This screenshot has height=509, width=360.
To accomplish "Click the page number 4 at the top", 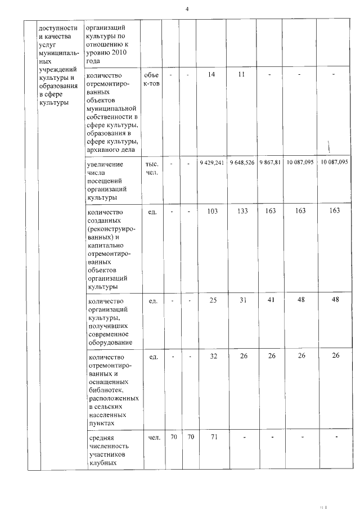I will pyautogui.click(x=187, y=9).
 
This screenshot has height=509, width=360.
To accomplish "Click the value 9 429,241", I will pyautogui.click(x=211, y=163).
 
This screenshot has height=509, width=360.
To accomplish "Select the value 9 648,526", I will pyautogui.click(x=242, y=163).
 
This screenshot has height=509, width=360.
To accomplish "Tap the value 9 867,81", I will pyautogui.click(x=270, y=163).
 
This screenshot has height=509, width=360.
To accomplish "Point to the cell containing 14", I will pyautogui.click(x=211, y=75).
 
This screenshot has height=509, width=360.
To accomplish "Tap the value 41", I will pyautogui.click(x=271, y=300).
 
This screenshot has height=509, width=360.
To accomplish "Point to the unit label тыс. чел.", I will pyautogui.click(x=152, y=168).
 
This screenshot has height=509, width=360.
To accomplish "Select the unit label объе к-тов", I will pyautogui.click(x=151, y=79).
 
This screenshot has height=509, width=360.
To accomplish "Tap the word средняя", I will pyautogui.click(x=102, y=437).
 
